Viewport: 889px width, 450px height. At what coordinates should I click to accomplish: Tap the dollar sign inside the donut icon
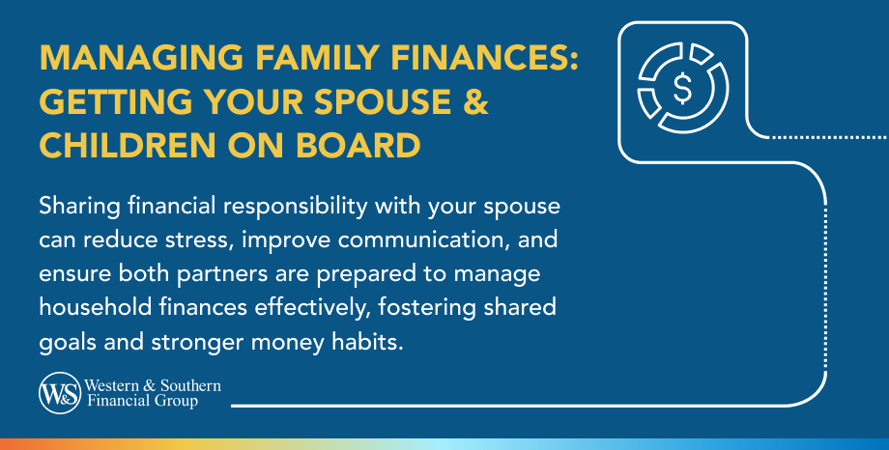pos(682,89)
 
